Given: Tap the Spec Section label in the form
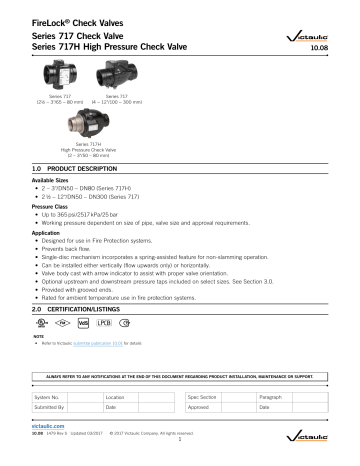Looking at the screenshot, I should click(x=203, y=398).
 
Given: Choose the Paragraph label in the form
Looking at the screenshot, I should click(x=272, y=398).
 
